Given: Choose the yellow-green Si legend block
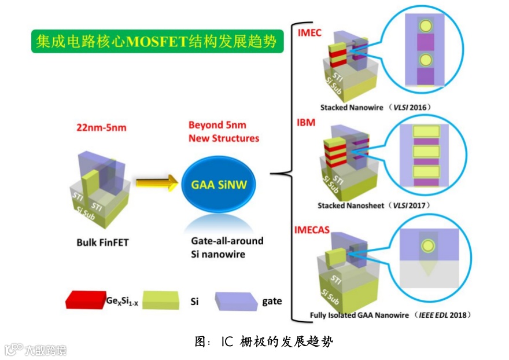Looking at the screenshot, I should coord(164,300).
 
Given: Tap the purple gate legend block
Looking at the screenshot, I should coord(235,301).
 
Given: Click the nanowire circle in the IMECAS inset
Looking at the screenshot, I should coord(427,245).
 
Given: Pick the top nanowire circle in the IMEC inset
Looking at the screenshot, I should coord(426,26).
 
